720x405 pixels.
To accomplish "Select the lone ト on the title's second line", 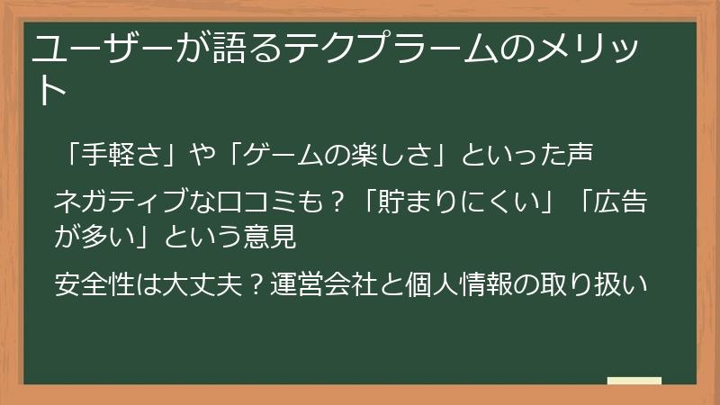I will click(50, 90).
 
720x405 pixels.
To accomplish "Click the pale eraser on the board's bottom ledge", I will click(634, 381).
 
